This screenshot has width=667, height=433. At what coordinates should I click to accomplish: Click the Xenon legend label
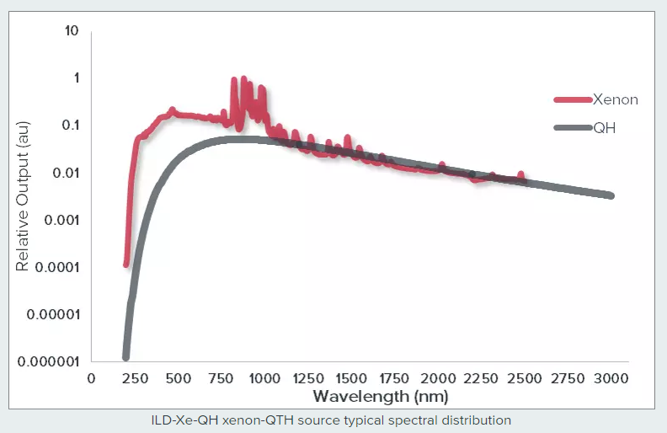pyautogui.click(x=616, y=99)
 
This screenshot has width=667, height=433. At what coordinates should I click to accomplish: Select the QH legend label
pyautogui.click(x=605, y=128)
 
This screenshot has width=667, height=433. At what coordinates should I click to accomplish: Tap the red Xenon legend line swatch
pyautogui.click(x=574, y=99)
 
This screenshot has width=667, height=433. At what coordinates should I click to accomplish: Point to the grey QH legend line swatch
pyautogui.click(x=574, y=128)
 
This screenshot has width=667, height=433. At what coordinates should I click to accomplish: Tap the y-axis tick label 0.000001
pyautogui.click(x=47, y=361)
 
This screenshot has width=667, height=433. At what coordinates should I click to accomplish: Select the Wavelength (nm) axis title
pyautogui.click(x=380, y=396)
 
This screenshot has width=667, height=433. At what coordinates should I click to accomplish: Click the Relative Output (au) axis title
pyautogui.click(x=23, y=196)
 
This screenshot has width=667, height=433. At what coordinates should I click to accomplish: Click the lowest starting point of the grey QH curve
pyautogui.click(x=126, y=357)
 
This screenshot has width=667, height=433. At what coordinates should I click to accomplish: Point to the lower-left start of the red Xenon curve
pyautogui.click(x=126, y=264)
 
